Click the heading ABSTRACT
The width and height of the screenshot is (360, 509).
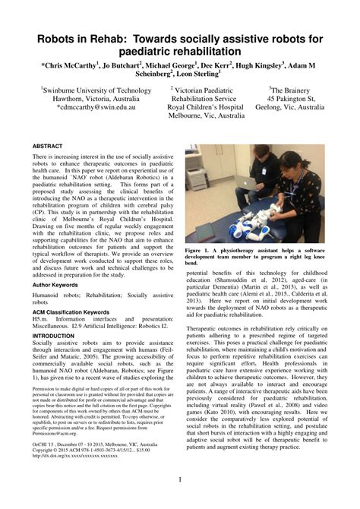pyautogui.click(x=48, y=144)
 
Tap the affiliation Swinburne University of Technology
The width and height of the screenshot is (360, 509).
pyautogui.click(x=87, y=90)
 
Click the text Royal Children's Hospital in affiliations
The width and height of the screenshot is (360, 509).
pyautogui.click(x=205, y=108)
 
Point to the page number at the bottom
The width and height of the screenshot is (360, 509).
pyautogui.click(x=180, y=479)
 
